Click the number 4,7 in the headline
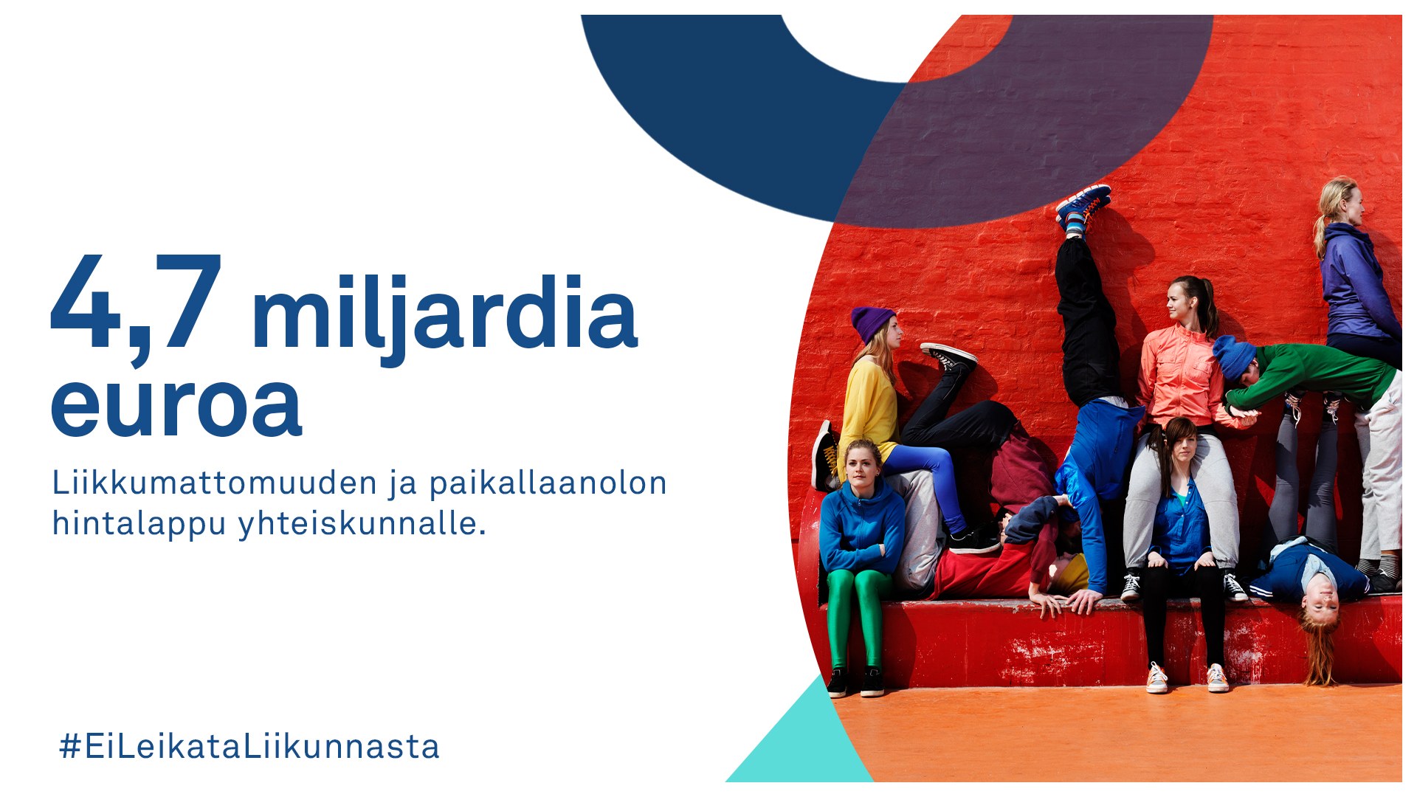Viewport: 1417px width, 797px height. (137, 308)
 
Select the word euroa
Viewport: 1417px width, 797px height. (176, 407)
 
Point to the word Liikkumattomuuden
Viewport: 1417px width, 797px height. (215, 483)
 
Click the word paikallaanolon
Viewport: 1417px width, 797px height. (548, 484)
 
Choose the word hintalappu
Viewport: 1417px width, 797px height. (139, 524)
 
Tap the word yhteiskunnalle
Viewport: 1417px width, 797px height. (362, 524)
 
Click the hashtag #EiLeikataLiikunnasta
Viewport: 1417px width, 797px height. (249, 746)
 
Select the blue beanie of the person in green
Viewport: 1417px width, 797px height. (1234, 358)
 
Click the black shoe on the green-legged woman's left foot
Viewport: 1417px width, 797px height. (872, 682)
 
